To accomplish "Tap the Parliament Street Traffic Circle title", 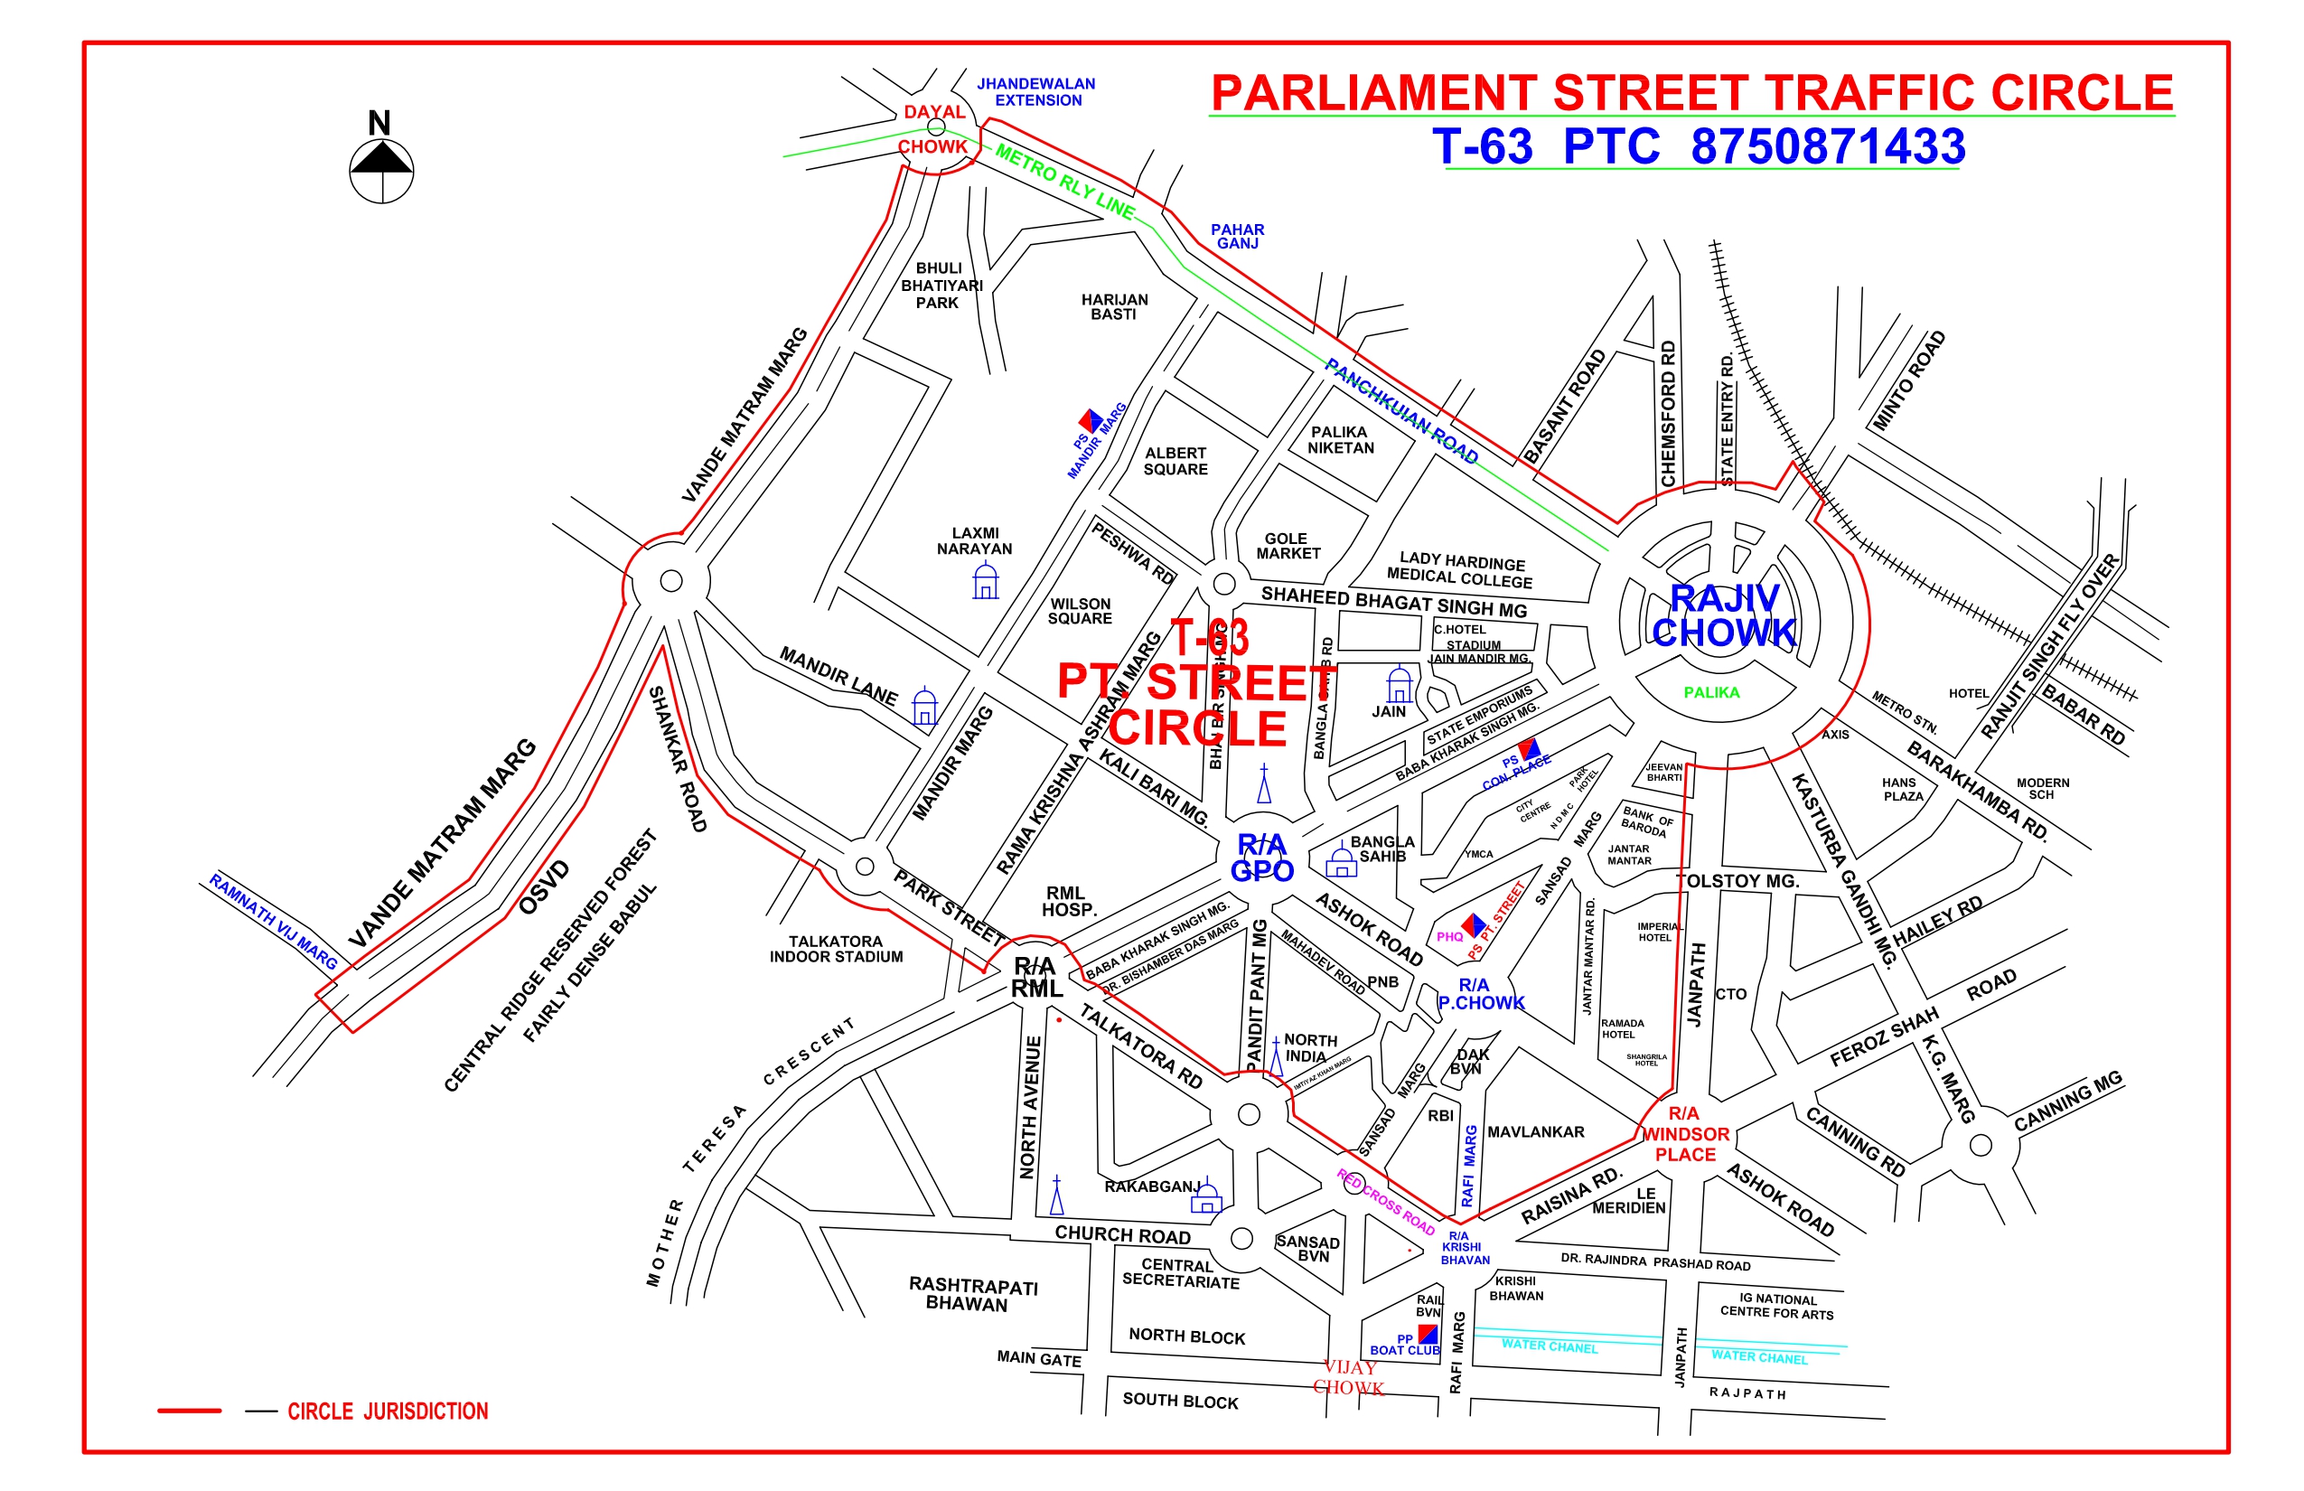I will [1691, 94].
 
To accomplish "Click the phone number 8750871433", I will [1827, 147].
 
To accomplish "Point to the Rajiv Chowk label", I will [1724, 615].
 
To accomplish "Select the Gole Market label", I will [1287, 546].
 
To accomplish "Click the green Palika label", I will [1710, 692].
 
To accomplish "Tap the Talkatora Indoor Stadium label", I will [836, 949].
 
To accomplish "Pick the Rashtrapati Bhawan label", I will [972, 1293].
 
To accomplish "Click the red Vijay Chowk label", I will [1348, 1377].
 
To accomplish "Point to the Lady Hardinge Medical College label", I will [1461, 571].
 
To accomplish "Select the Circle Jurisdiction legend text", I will [388, 1411].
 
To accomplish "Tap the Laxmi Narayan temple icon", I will [986, 582].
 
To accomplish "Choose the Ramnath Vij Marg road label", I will [273, 922].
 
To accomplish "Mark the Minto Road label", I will [1909, 380].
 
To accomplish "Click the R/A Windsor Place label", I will [1684, 1134].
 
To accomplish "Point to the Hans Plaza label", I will [1902, 789].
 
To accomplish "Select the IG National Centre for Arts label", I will [1776, 1306].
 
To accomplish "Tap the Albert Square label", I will [1175, 461].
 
